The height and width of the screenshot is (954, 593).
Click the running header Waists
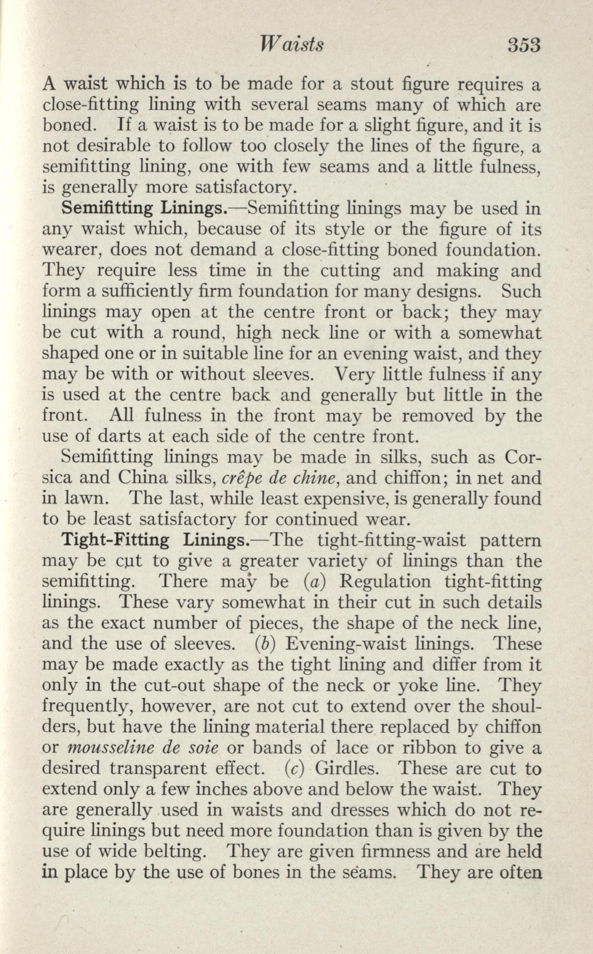tap(290, 45)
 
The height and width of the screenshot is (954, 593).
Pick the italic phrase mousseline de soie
tap(143, 748)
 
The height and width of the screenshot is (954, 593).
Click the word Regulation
tap(385, 582)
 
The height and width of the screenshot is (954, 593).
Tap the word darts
tap(119, 437)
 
